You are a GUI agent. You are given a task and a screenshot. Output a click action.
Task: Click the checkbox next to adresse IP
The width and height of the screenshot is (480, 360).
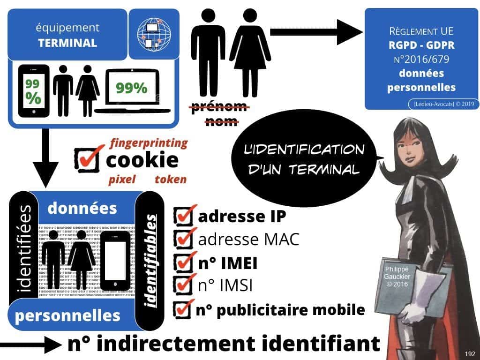tap(182, 217)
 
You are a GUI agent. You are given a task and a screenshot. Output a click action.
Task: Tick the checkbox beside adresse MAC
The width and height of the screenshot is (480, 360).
tap(182, 239)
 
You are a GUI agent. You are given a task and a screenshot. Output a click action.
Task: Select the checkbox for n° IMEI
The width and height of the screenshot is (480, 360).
tap(182, 262)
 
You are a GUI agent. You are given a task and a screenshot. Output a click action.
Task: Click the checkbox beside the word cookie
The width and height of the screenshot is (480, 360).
tap(86, 159)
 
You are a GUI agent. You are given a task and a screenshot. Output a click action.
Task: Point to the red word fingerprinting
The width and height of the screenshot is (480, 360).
tap(148, 142)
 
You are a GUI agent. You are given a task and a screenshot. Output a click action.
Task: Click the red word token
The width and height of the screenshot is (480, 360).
tap(171, 179)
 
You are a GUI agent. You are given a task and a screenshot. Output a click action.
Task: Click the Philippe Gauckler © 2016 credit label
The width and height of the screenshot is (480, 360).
tap(396, 277)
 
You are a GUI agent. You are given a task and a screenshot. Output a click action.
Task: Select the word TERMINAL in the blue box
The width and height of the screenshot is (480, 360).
tap(67, 43)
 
